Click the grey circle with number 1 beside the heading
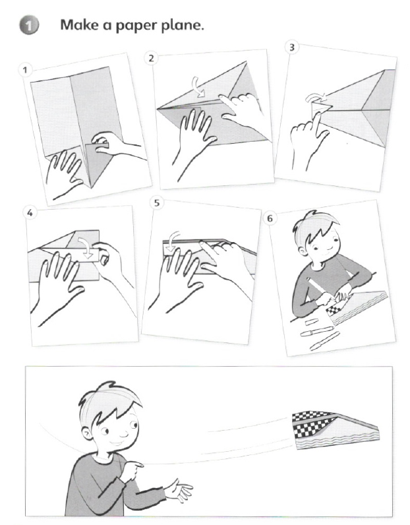pyautogui.click(x=29, y=26)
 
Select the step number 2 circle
pyautogui.click(x=152, y=58)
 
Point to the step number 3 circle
pyautogui.click(x=291, y=47)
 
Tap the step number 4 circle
pyautogui.click(x=30, y=212)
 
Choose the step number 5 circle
pyautogui.click(x=157, y=203)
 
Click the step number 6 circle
pyautogui.click(x=270, y=218)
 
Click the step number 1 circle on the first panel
pyautogui.click(x=24, y=70)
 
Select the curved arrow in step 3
pyautogui.click(x=316, y=97)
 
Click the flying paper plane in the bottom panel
pyautogui.click(x=335, y=430)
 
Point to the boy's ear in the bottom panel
pyautogui.click(x=88, y=435)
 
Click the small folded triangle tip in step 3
pyautogui.click(x=321, y=108)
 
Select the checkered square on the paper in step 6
pyautogui.click(x=336, y=311)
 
